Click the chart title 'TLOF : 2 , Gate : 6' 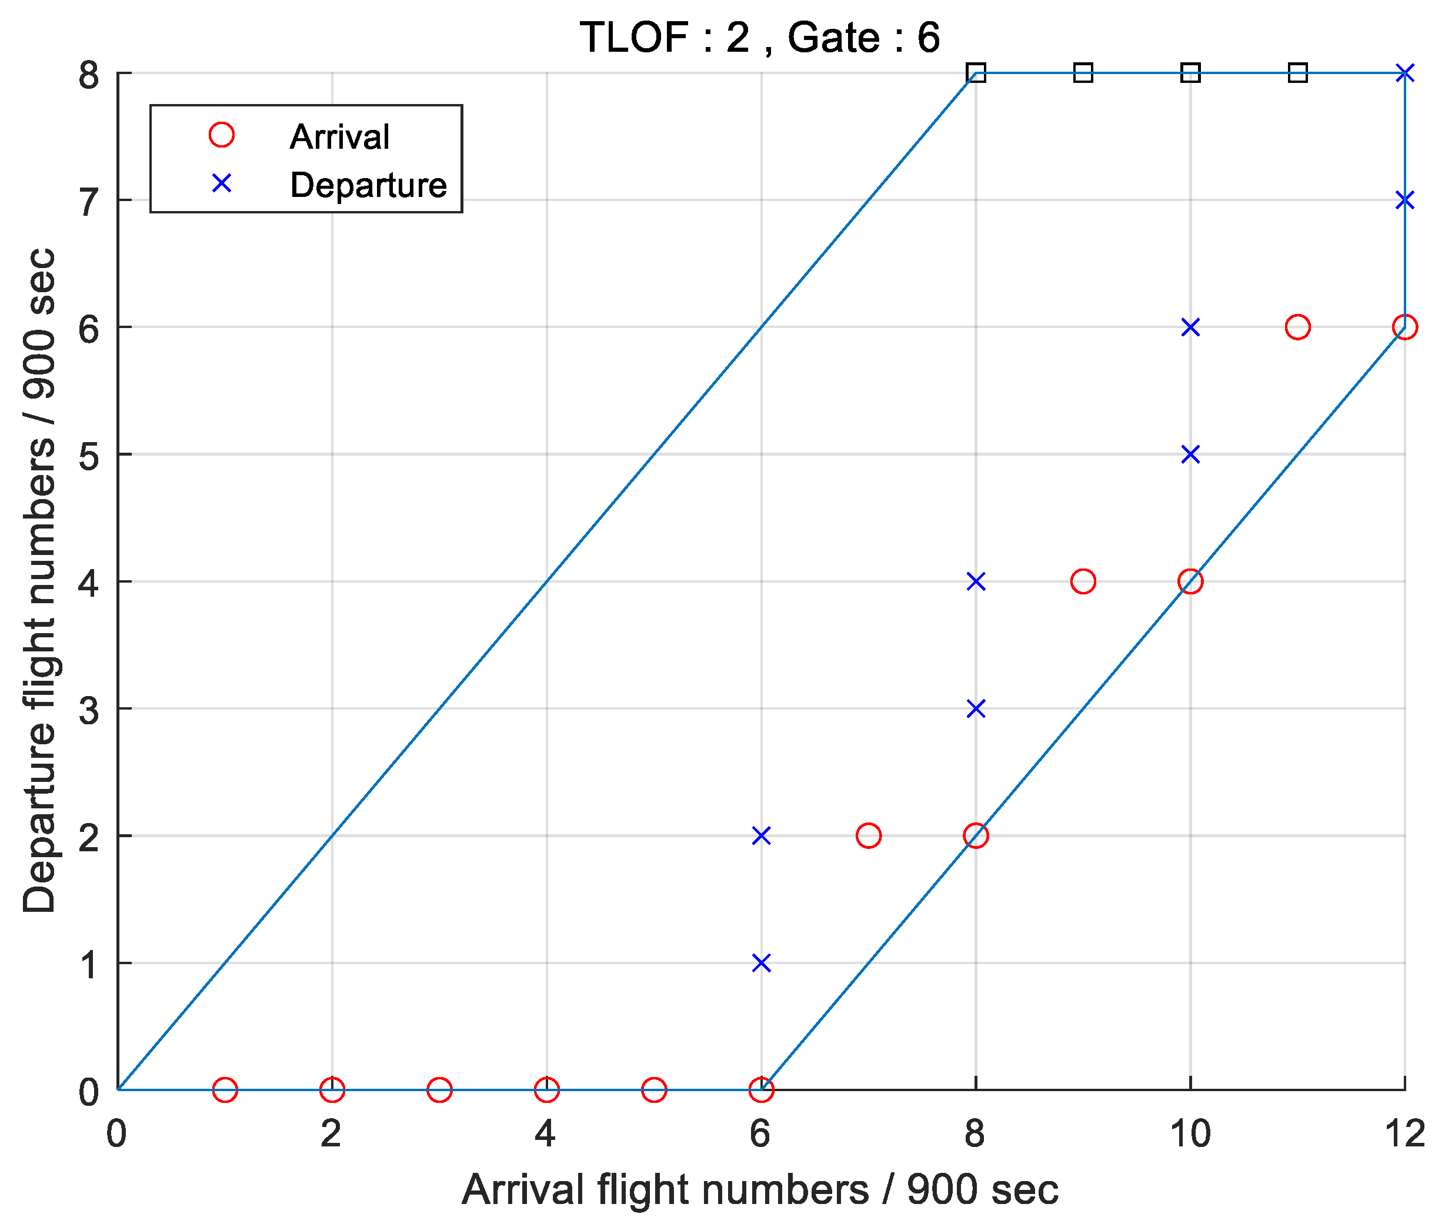759,38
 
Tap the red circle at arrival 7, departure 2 868,835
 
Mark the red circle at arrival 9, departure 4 1083,581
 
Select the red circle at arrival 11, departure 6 1297,327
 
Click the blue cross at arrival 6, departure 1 762,963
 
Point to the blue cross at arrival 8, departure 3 976,708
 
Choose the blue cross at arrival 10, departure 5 1190,454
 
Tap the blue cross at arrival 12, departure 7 1405,200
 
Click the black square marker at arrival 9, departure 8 1083,73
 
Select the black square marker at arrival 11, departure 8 1297,73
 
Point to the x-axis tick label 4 546,1134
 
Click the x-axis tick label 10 1190,1134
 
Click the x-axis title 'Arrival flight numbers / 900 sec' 759,1190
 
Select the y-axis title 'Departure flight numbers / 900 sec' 39,581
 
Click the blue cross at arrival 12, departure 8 1405,73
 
